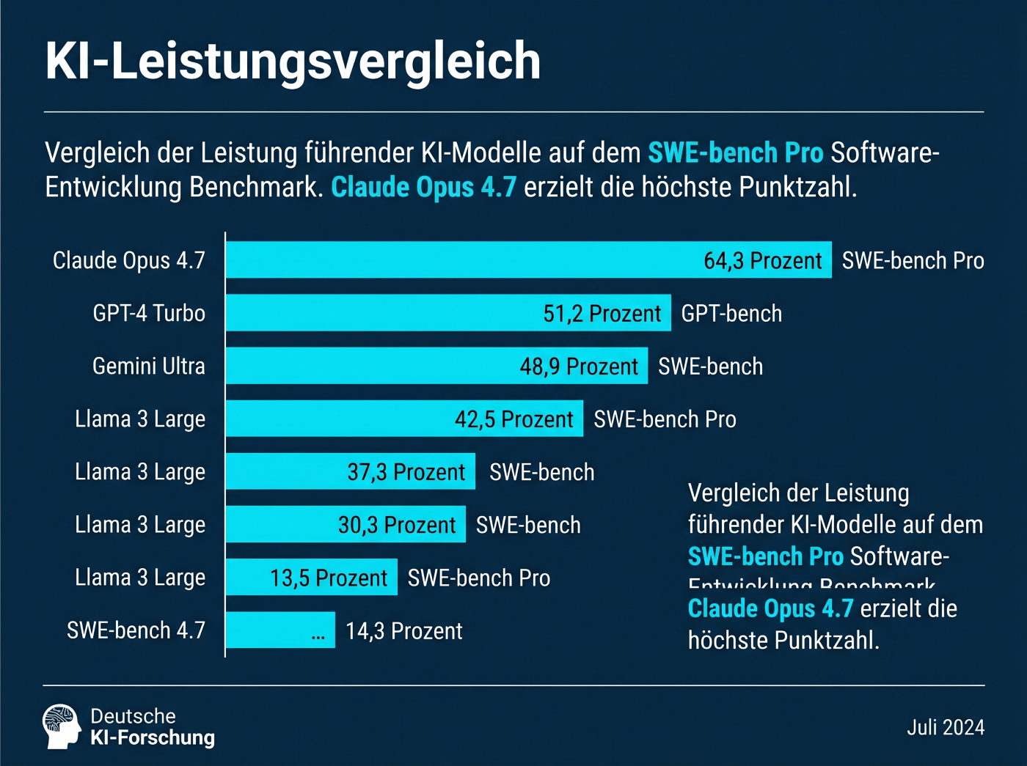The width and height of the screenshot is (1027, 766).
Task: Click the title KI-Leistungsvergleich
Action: click(x=293, y=61)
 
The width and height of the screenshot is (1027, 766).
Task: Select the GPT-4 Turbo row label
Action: click(x=149, y=314)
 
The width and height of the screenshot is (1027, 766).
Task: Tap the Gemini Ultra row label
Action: click(x=149, y=367)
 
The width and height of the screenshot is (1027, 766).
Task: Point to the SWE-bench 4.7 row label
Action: click(x=136, y=630)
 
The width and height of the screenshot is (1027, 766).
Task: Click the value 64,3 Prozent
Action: click(x=762, y=261)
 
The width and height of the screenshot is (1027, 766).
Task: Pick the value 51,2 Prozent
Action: click(x=602, y=314)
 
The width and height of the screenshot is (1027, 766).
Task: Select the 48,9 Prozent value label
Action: click(x=579, y=367)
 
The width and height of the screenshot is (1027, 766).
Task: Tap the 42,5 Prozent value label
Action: click(x=513, y=419)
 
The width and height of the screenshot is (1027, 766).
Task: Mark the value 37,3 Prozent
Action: click(x=406, y=472)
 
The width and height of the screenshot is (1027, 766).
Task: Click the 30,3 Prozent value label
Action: click(x=396, y=526)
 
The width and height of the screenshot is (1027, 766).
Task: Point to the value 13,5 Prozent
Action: click(x=328, y=578)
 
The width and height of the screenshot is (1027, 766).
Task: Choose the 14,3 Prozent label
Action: click(x=403, y=631)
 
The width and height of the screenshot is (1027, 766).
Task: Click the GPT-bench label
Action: click(x=731, y=314)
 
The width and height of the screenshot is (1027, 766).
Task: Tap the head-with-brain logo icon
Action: click(x=61, y=726)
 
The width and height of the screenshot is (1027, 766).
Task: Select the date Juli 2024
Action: click(x=945, y=727)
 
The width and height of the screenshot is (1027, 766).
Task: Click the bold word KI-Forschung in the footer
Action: click(x=153, y=738)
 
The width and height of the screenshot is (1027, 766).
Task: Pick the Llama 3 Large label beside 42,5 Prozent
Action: click(x=140, y=419)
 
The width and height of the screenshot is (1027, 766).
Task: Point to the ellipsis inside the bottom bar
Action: click(x=318, y=636)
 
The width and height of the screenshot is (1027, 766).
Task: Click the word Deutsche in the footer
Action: click(x=133, y=716)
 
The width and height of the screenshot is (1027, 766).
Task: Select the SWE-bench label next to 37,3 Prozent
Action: click(x=541, y=472)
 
